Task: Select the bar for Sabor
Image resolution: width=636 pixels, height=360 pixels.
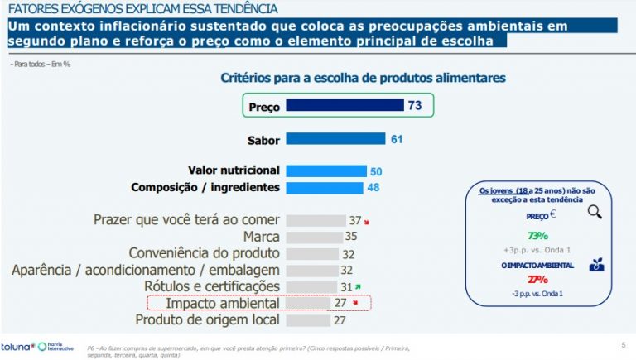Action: [x=336, y=139]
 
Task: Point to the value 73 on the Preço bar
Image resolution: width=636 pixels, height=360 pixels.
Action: [x=415, y=106]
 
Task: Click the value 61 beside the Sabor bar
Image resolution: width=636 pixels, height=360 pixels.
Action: [x=396, y=139]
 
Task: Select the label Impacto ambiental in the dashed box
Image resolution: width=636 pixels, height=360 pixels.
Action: [x=223, y=303]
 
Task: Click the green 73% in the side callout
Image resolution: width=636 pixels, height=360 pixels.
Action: [x=539, y=235]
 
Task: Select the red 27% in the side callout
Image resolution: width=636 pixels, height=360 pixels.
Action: [x=538, y=279]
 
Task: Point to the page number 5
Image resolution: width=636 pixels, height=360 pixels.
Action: [x=623, y=344]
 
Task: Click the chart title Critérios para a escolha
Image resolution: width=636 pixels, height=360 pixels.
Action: [x=363, y=78]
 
